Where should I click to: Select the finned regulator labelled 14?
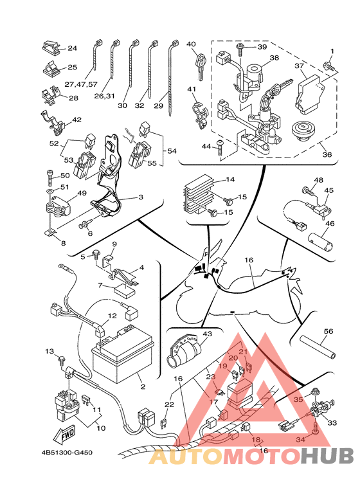click(198, 197)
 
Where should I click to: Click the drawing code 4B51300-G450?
click(67, 452)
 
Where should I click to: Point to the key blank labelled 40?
click(201, 67)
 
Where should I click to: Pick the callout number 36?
click(327, 154)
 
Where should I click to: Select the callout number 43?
click(207, 334)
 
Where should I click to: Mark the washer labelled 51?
click(50, 192)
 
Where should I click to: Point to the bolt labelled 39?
click(240, 51)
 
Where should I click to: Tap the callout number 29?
click(158, 105)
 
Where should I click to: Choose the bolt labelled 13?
click(62, 362)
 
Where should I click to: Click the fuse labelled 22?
click(164, 424)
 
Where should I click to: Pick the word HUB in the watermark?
click(328, 456)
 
